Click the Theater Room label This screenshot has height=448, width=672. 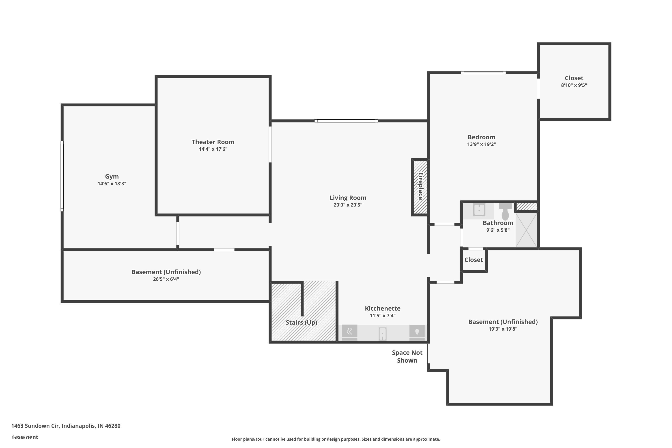point(213,142)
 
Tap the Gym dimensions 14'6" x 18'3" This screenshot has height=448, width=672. point(112,184)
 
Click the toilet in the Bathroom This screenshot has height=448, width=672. point(505,212)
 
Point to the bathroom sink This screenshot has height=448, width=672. point(479,210)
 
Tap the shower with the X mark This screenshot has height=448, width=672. point(526,230)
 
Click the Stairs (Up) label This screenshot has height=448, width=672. point(302,323)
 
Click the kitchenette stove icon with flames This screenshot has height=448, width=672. point(349,332)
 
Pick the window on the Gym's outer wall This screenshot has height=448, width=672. point(62,176)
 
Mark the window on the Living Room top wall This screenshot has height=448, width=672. point(346,121)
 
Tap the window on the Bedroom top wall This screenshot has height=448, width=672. point(483,73)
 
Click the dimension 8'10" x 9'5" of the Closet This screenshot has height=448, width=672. point(574,85)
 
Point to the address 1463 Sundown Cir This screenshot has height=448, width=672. point(66,426)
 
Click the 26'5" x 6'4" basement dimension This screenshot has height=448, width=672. point(166,279)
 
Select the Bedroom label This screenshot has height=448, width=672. point(481,137)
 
